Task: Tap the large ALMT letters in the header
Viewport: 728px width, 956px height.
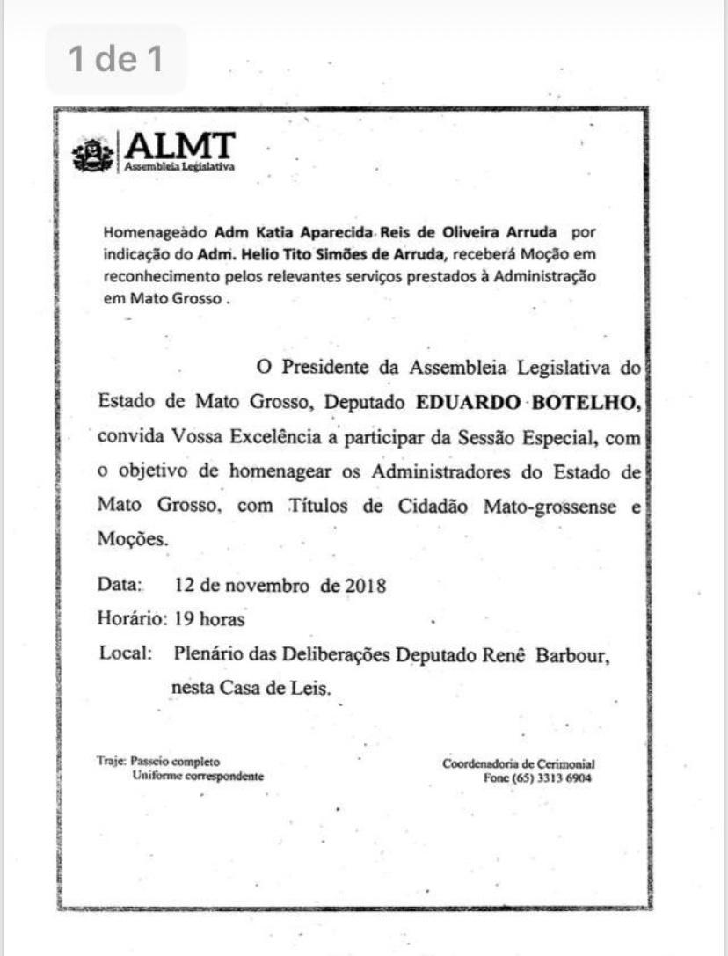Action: [x=181, y=145]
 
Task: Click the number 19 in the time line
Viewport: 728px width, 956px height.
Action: [x=184, y=619]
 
